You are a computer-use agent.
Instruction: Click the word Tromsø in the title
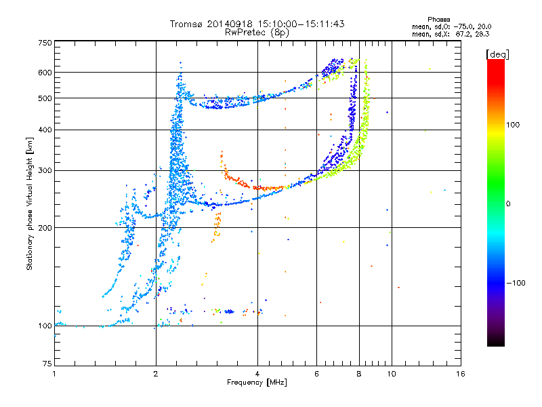coord(186,24)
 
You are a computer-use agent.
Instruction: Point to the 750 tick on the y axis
coord(45,42)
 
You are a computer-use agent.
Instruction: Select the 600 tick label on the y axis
coord(45,73)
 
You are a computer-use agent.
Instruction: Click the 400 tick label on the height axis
coord(45,130)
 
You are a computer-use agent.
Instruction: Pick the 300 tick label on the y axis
coord(45,170)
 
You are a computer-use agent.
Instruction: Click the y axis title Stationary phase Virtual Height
coord(30,203)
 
